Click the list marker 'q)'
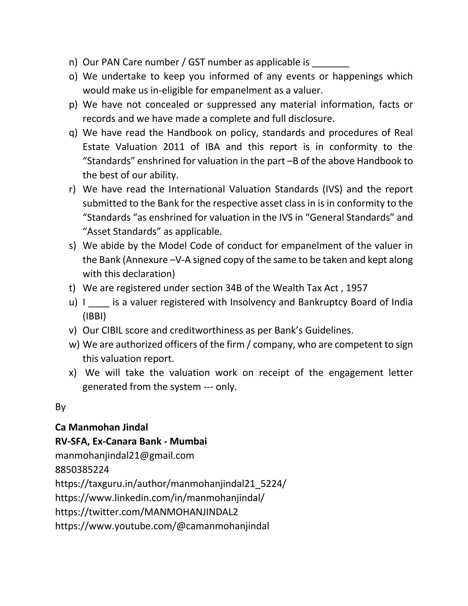[x=73, y=133]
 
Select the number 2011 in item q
[x=174, y=147]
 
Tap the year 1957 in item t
[x=356, y=288]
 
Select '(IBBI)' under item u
[x=94, y=316]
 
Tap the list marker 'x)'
[x=73, y=373]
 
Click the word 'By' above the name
[x=60, y=407]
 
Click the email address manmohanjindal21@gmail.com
[x=125, y=456]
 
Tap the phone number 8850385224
[x=82, y=470]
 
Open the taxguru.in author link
[x=170, y=484]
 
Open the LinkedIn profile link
[x=160, y=498]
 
